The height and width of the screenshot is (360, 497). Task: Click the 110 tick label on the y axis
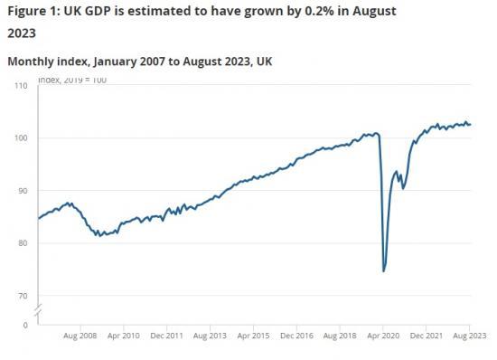(21, 86)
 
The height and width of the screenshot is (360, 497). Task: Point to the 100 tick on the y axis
(21, 138)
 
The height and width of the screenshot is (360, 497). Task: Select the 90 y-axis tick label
(23, 191)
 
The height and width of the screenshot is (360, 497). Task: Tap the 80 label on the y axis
(23, 243)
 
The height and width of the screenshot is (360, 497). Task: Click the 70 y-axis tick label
(23, 296)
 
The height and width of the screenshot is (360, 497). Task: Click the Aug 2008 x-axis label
(80, 336)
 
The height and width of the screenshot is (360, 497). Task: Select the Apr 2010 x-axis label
(124, 336)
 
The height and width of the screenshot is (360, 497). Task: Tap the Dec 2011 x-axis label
(167, 336)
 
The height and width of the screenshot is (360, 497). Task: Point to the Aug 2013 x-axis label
(211, 336)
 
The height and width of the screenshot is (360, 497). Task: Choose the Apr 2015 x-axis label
(254, 336)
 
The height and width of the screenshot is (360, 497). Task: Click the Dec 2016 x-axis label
(296, 336)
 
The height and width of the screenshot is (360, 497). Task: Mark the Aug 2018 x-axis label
(340, 336)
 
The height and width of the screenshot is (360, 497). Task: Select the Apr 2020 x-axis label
(383, 336)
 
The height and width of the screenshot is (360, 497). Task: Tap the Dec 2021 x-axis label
(427, 336)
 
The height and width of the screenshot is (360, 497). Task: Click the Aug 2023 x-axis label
(469, 336)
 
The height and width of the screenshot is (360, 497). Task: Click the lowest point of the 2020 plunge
(384, 270)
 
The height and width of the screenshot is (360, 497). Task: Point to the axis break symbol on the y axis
(37, 310)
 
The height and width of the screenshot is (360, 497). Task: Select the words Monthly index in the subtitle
(45, 62)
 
